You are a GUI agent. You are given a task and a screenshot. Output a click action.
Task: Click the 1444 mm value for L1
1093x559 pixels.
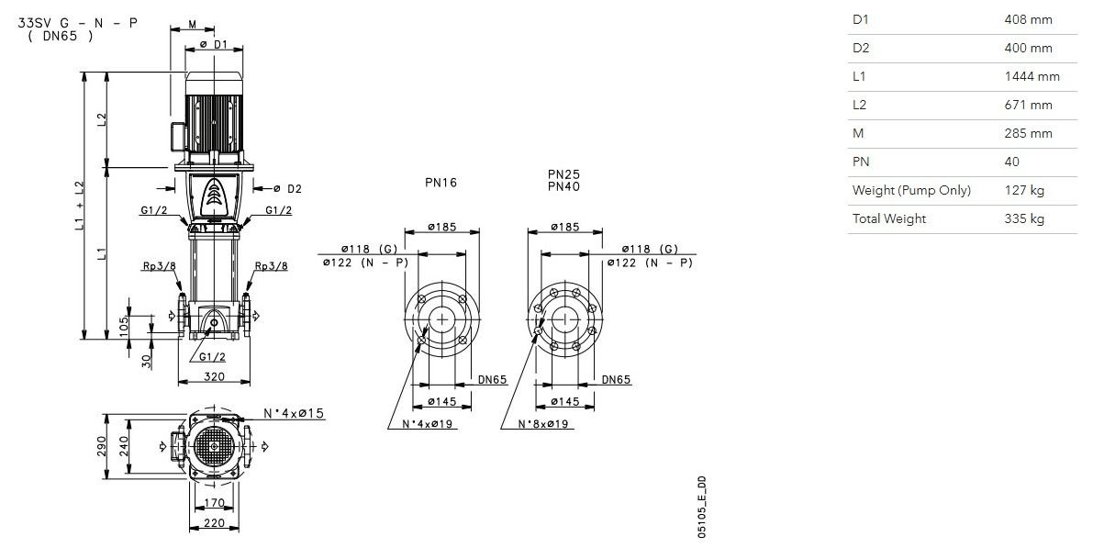click(1032, 77)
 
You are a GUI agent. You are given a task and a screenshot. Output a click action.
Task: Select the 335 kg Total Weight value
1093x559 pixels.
click(1024, 218)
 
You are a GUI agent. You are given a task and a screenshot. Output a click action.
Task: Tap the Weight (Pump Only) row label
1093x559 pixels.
click(911, 190)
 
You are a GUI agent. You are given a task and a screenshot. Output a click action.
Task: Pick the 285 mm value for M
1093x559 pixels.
click(1028, 133)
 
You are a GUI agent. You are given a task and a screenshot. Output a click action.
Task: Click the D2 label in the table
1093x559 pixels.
click(861, 48)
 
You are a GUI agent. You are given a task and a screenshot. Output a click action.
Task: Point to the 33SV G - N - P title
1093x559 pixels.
click(77, 23)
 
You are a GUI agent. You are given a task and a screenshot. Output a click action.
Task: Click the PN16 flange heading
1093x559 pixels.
click(441, 183)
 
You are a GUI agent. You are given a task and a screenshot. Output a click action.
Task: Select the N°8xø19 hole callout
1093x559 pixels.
click(543, 424)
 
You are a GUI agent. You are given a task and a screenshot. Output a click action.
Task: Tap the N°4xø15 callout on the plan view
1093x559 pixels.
click(295, 413)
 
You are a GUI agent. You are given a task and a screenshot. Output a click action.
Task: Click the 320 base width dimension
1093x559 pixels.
click(214, 376)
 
